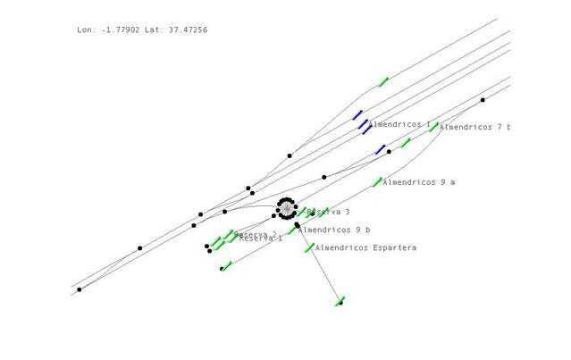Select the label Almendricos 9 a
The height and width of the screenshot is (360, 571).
(x=419, y=182)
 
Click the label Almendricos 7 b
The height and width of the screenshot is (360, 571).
(x=474, y=128)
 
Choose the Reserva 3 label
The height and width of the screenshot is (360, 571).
(x=328, y=212)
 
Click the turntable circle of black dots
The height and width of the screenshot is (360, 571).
(x=286, y=209)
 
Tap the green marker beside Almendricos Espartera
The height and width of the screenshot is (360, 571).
(x=309, y=247)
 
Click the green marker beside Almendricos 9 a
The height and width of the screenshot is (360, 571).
(x=377, y=182)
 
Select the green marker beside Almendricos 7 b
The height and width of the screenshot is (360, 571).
(x=433, y=127)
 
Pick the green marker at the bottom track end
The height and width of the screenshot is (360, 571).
(x=340, y=301)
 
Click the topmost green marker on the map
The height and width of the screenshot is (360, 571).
(x=383, y=82)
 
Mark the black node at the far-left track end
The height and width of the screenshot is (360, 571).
(x=79, y=289)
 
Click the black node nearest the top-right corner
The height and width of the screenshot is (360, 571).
(x=483, y=100)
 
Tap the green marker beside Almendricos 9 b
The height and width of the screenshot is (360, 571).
(x=291, y=230)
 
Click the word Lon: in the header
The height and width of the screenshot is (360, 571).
(x=86, y=30)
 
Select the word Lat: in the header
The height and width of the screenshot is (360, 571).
(x=155, y=30)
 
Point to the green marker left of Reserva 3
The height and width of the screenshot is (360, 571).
(x=301, y=213)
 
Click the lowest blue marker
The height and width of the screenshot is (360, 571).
(x=380, y=149)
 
